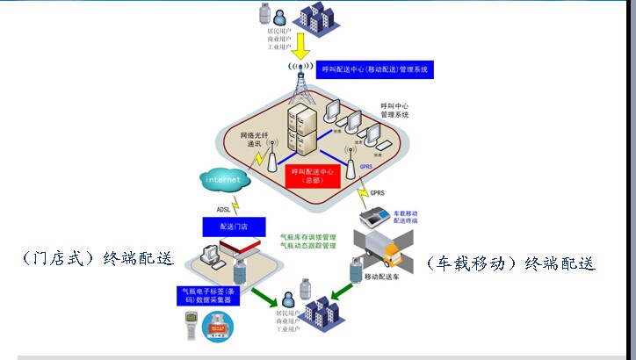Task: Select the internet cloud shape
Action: click(x=223, y=179)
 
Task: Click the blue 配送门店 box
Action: click(x=221, y=227)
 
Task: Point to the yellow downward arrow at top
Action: click(x=301, y=43)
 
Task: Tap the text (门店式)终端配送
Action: click(x=98, y=260)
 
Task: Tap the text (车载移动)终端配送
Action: click(x=509, y=263)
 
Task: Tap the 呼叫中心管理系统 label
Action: click(x=394, y=110)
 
